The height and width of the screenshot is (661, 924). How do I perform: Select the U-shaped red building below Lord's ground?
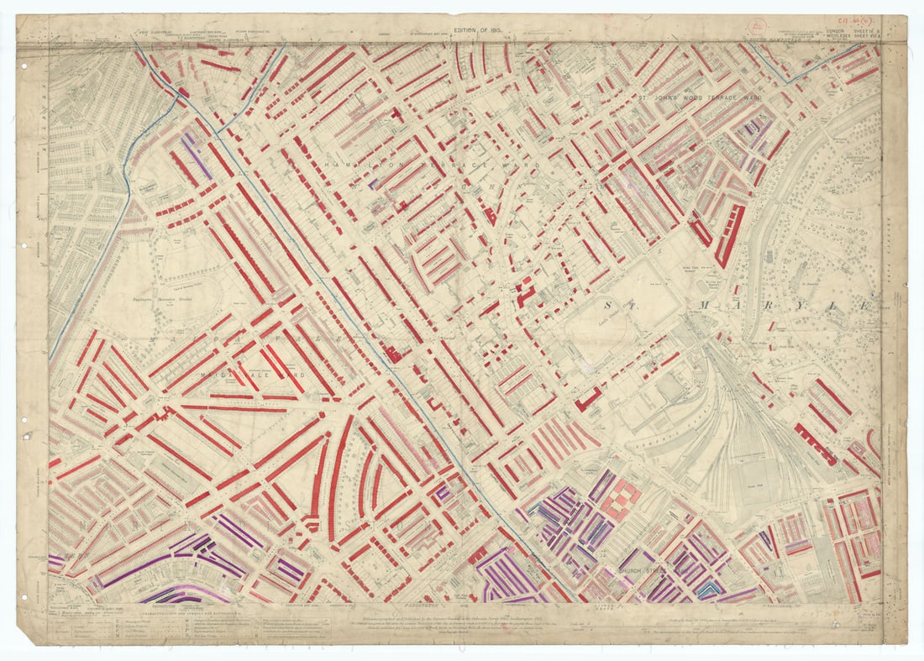587,398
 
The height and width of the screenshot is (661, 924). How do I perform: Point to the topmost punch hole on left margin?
24,66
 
